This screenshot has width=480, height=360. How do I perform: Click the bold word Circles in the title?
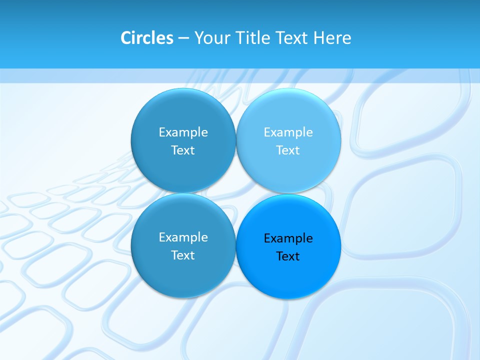(x=147, y=38)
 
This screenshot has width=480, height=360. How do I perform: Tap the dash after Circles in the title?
(x=183, y=38)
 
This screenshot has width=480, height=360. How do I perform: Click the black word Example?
(x=288, y=238)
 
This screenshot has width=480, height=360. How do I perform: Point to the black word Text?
(x=288, y=256)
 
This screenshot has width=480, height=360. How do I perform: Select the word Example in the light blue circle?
(x=288, y=132)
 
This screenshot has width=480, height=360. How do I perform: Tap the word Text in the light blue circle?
(x=288, y=150)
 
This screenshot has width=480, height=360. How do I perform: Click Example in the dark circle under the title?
(x=183, y=132)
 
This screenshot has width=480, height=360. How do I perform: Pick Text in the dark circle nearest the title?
(x=183, y=150)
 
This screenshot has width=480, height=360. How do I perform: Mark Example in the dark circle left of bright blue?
(x=183, y=237)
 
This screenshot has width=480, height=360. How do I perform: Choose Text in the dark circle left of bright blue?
(x=183, y=255)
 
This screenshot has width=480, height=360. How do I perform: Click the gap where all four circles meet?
(x=236, y=193)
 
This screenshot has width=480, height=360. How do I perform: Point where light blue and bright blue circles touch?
(x=288, y=193)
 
